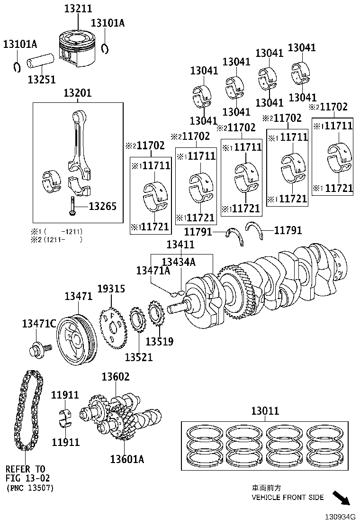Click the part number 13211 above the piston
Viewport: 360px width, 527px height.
tap(79, 9)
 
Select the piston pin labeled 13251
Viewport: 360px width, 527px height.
tap(42, 64)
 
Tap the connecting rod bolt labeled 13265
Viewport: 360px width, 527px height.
tap(72, 206)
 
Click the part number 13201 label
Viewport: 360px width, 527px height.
tap(78, 93)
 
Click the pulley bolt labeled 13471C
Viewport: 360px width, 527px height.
tap(37, 351)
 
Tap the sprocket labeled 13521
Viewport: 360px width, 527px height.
tap(137, 327)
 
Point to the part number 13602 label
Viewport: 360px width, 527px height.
tap(116, 377)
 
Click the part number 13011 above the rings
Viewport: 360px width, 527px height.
tap(265, 411)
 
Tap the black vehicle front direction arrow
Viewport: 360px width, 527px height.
tap(341, 498)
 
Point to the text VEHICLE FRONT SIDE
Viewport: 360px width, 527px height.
tap(288, 497)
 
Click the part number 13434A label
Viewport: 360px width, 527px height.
tap(179, 262)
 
